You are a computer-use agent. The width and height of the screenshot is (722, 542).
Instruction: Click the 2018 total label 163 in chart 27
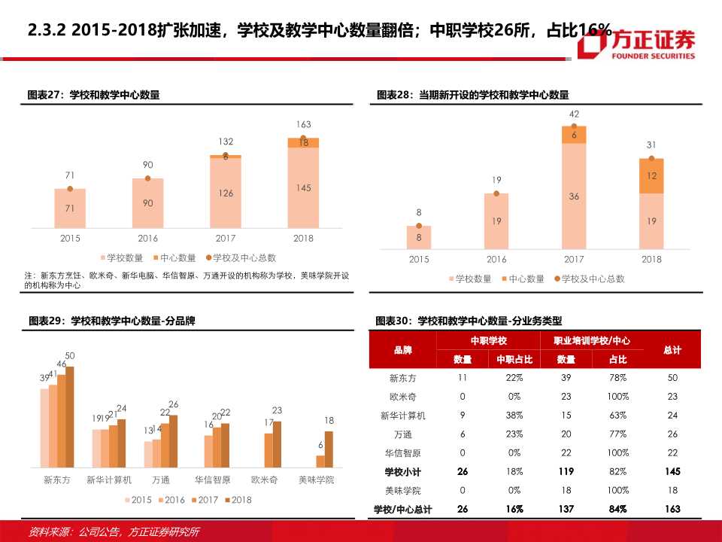(x=303, y=124)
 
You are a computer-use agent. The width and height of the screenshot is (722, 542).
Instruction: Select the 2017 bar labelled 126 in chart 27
(x=226, y=193)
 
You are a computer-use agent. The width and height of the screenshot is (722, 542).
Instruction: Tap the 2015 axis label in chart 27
(x=69, y=238)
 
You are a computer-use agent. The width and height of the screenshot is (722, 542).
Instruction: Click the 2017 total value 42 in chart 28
(x=574, y=114)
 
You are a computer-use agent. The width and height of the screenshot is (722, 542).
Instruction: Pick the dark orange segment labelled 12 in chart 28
(x=651, y=175)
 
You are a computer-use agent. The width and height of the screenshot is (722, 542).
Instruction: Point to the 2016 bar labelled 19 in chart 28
(x=496, y=221)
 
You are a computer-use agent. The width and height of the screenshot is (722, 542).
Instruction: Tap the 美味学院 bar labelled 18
(x=329, y=449)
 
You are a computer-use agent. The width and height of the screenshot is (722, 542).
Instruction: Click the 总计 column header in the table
(x=672, y=350)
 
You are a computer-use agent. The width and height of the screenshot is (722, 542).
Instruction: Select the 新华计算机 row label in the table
(x=402, y=415)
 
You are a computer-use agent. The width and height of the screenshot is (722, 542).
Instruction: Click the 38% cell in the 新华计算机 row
(x=514, y=415)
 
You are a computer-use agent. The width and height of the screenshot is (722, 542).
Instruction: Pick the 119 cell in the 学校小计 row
(x=566, y=471)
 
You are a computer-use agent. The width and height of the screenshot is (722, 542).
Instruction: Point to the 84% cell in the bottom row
(x=618, y=509)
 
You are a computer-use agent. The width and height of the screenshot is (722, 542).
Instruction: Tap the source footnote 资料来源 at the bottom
(x=113, y=531)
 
